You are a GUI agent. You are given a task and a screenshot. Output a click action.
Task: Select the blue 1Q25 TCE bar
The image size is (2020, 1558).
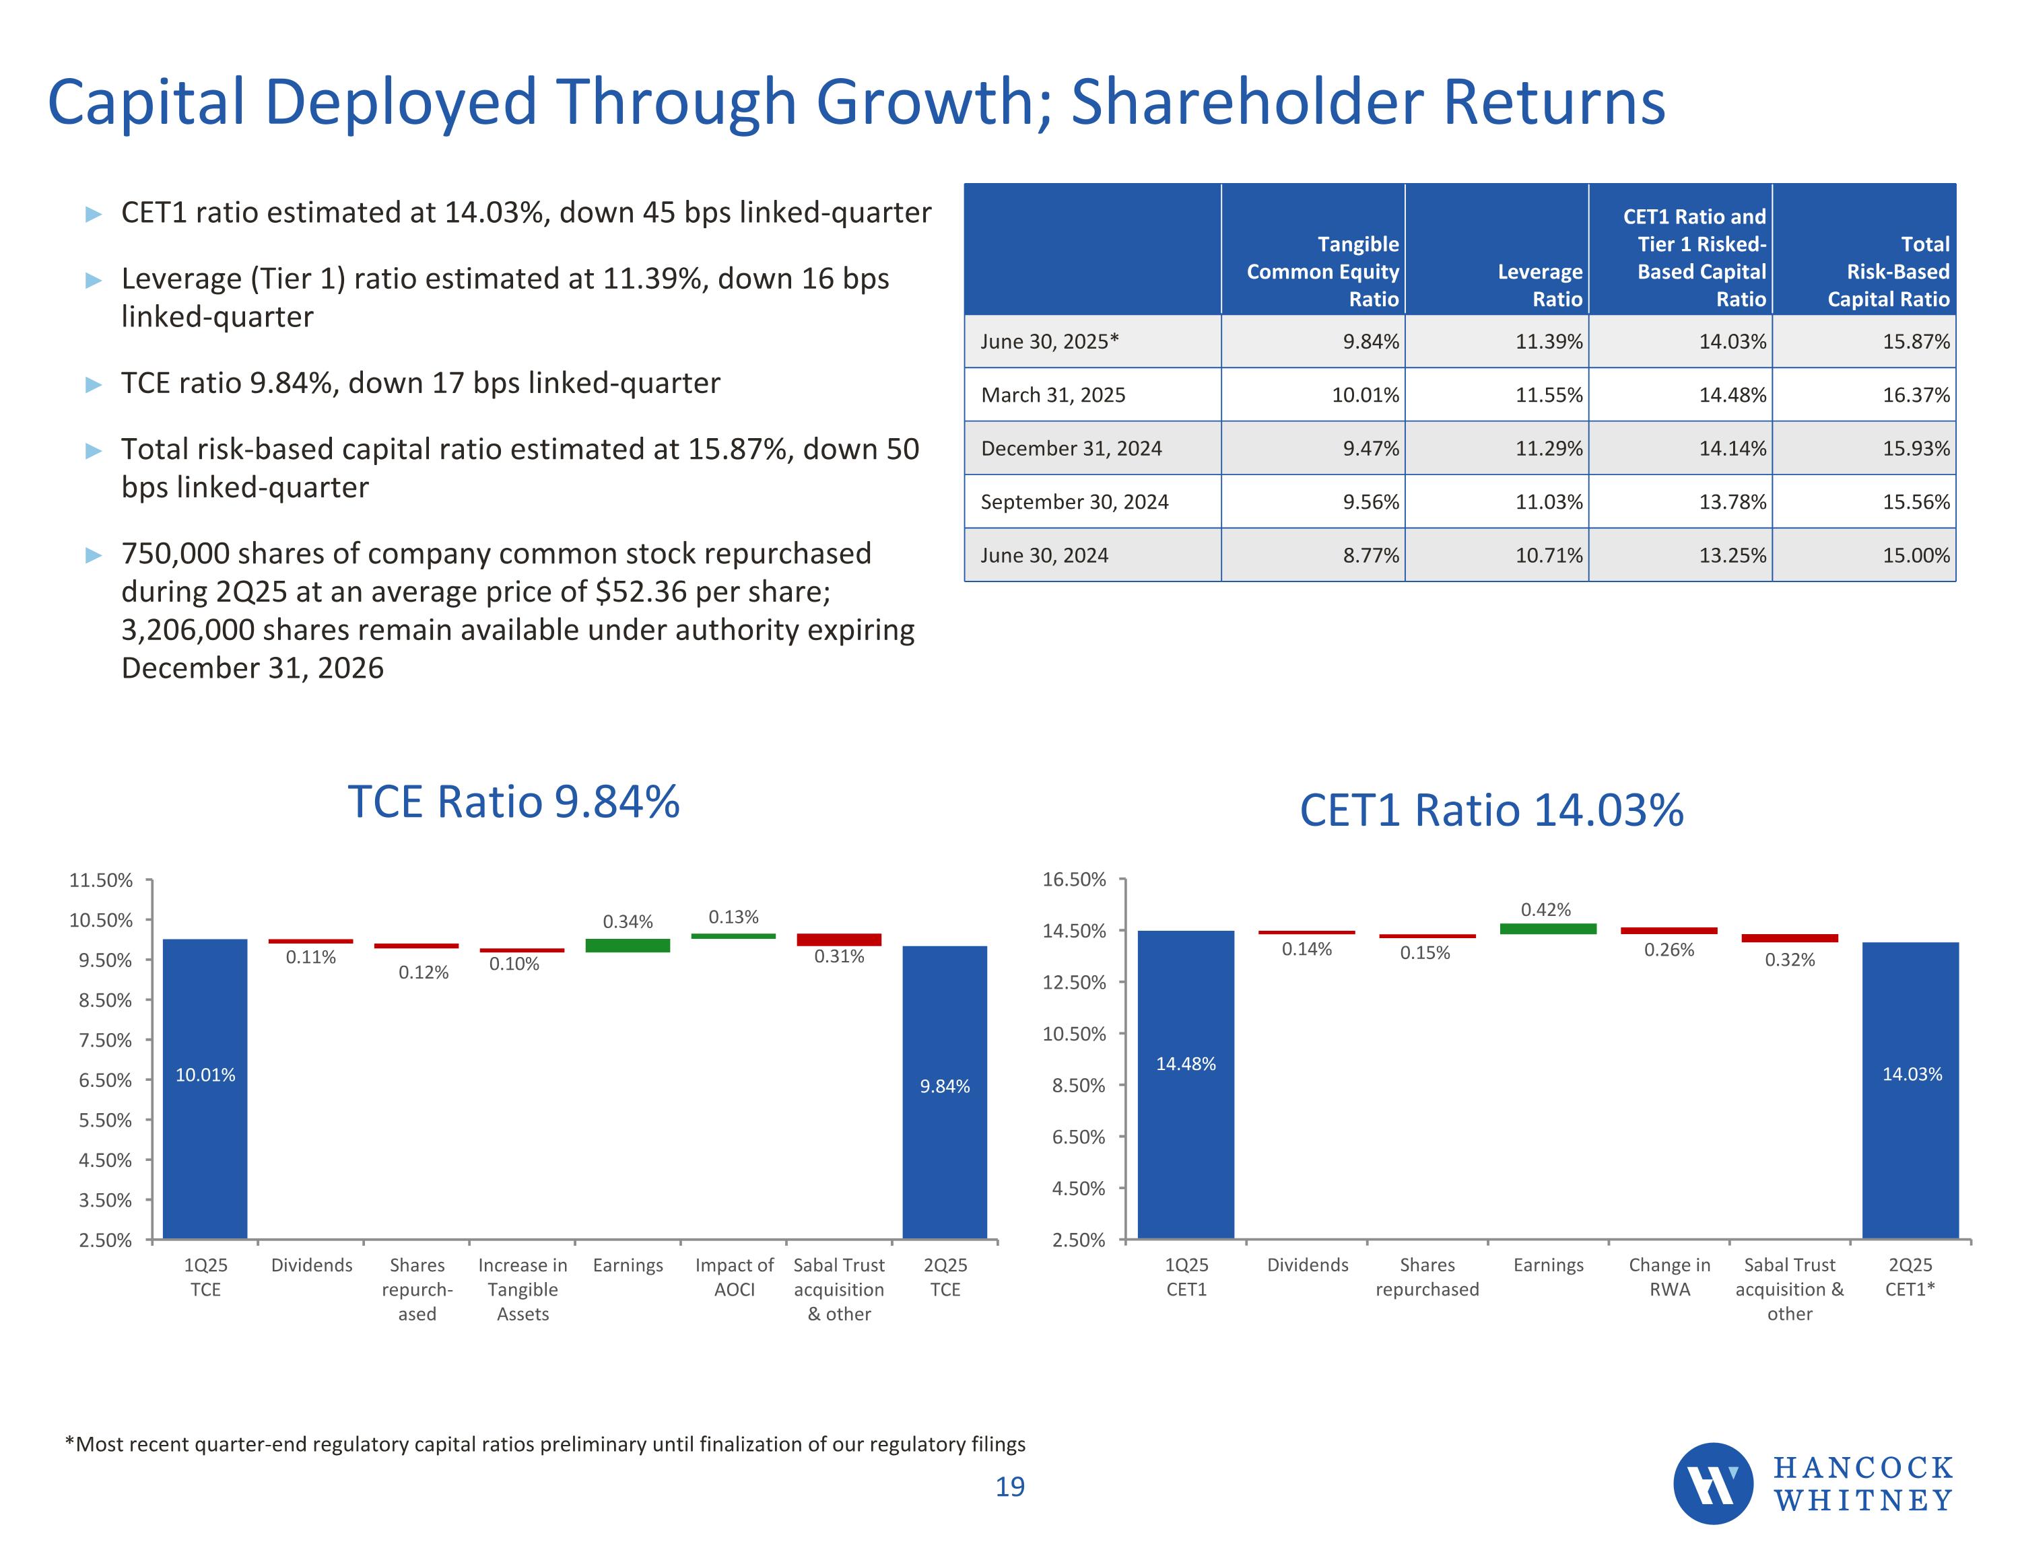(x=205, y=1088)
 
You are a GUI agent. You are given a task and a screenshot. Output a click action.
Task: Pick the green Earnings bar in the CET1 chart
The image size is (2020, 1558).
(x=1547, y=928)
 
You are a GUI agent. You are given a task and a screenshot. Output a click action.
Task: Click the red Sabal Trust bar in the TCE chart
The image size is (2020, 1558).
(x=839, y=940)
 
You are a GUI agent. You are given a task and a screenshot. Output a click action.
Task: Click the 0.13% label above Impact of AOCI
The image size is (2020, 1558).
(x=733, y=917)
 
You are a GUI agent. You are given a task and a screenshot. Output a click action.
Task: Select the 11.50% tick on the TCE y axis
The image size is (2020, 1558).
(x=101, y=880)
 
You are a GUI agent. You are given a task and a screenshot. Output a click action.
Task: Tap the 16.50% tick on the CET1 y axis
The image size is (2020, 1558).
(x=1074, y=880)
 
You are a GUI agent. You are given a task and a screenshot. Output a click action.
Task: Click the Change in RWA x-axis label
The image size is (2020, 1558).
(x=1669, y=1277)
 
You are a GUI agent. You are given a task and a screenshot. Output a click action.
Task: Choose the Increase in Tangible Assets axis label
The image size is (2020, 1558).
(x=523, y=1289)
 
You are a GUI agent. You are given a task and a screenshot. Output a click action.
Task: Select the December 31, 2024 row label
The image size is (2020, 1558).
(x=1071, y=448)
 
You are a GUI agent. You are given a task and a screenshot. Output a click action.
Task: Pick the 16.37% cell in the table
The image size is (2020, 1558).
(x=1916, y=395)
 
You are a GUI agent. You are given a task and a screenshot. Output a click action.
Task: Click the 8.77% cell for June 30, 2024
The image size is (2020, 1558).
(x=1371, y=556)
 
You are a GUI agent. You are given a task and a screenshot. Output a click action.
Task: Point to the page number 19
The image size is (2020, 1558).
(x=1010, y=1487)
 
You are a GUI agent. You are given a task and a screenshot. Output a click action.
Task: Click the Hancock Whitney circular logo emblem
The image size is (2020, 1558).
(x=1712, y=1483)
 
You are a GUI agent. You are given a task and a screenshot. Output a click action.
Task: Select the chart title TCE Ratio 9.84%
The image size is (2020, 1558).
(x=513, y=802)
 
